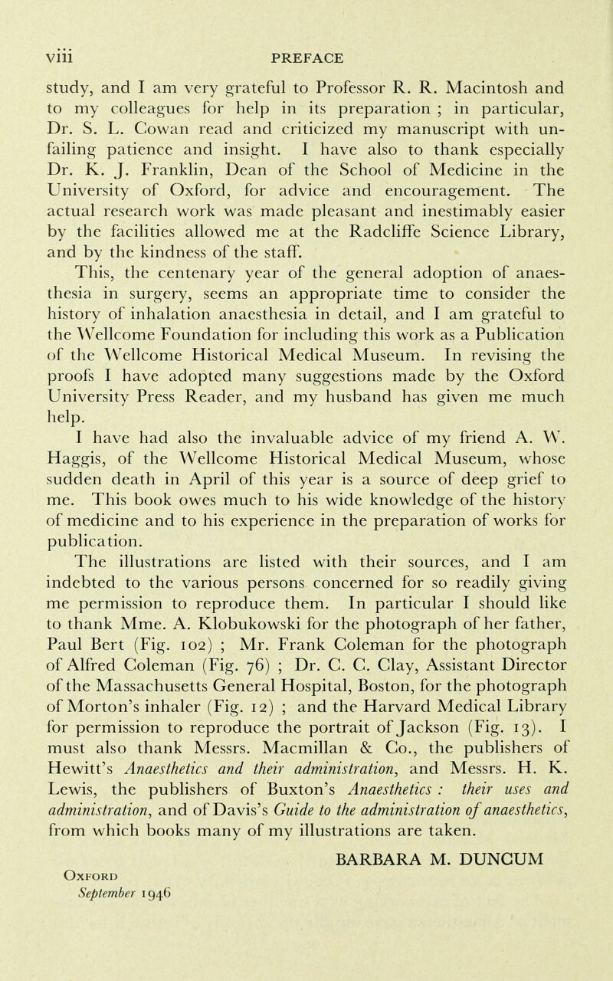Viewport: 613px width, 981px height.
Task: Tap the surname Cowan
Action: click(226, 120)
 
